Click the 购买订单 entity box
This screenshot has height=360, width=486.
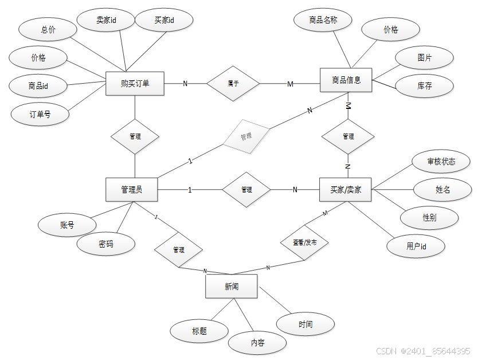pos(135,84)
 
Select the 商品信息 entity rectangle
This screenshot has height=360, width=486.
pos(346,80)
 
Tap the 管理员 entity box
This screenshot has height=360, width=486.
pos(132,190)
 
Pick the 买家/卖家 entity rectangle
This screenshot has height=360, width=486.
pos(346,190)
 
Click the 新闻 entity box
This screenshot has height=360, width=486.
pos(232,287)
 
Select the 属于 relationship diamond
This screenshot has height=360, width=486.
pos(233,84)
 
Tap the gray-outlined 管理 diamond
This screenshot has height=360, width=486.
pos(246,137)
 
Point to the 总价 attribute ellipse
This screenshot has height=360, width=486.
pos(48,29)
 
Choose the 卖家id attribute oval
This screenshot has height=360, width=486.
pos(107,20)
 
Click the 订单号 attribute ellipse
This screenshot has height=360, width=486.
pos(40,114)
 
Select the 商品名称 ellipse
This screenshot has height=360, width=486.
pos(323,20)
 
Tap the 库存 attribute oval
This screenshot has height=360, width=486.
pos(425,86)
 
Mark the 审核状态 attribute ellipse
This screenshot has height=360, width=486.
pos(441,162)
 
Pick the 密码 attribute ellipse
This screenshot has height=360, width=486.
pos(106,244)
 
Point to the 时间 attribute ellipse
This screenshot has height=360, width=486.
pos(305,324)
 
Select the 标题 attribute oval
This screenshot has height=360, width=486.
pos(199,331)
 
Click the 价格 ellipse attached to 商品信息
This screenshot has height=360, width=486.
pos(391,30)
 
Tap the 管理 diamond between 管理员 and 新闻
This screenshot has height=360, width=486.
pos(179,250)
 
